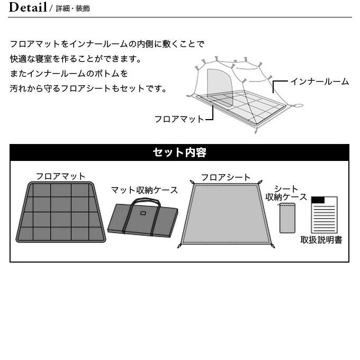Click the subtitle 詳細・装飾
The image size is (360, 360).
pos(73,9)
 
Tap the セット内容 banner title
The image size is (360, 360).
pos(179,152)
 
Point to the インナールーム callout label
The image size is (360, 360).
pos(319,82)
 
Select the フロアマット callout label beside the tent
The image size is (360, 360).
pos(179,119)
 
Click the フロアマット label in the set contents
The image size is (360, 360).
pos(60,176)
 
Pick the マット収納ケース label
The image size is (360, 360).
pos(144,190)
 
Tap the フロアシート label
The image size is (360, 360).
pos(226,177)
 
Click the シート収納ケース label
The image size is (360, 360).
pos(286,193)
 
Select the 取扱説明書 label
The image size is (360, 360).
pos(321,240)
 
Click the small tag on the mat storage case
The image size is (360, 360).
pos(142,214)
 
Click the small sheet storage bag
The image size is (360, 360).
pos(287,218)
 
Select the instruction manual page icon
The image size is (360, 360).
pos(324,214)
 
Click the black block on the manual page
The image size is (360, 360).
pos(318,200)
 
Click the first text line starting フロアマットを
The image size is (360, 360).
pos(106,44)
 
